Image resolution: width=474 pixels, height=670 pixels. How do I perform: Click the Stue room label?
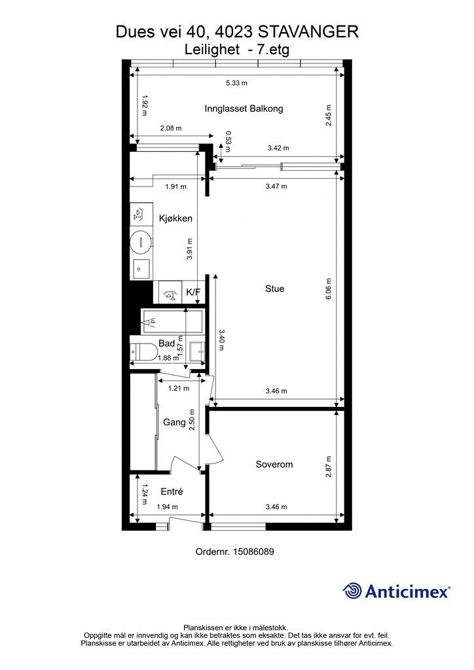(274, 289)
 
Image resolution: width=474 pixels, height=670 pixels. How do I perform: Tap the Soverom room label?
(274, 465)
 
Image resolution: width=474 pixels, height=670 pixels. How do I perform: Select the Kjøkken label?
(175, 219)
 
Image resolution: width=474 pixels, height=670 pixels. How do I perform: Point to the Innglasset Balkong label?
(244, 109)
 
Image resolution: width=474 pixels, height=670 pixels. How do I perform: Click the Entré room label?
(172, 491)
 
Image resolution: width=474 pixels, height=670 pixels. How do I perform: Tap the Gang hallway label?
(174, 422)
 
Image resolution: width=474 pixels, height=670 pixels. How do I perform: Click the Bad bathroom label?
(167, 343)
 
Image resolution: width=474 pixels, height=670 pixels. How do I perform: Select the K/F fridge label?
(193, 292)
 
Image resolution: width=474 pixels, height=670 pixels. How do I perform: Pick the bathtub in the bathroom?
(172, 321)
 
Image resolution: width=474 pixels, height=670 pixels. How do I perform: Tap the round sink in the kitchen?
(141, 242)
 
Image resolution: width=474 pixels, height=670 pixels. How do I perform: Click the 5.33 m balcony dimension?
(237, 83)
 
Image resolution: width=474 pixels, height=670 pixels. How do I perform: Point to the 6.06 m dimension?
(329, 289)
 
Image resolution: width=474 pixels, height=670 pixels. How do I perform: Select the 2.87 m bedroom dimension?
(329, 467)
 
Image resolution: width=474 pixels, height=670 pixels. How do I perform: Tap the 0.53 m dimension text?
(228, 141)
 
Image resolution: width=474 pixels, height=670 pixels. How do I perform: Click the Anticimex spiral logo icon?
(352, 591)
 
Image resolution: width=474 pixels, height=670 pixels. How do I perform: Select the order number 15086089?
(253, 552)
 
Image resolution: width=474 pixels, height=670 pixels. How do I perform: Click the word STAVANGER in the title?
(308, 32)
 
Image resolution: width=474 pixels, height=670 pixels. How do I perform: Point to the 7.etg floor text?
(273, 50)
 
